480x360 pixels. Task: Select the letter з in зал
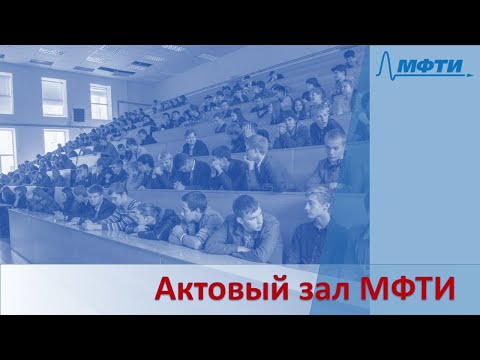click(x=301, y=293)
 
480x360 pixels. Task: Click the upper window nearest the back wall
click(x=100, y=101)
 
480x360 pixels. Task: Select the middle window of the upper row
click(x=54, y=97)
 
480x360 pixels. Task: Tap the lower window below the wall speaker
click(x=55, y=140)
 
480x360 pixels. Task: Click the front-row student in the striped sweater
click(x=125, y=211)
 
